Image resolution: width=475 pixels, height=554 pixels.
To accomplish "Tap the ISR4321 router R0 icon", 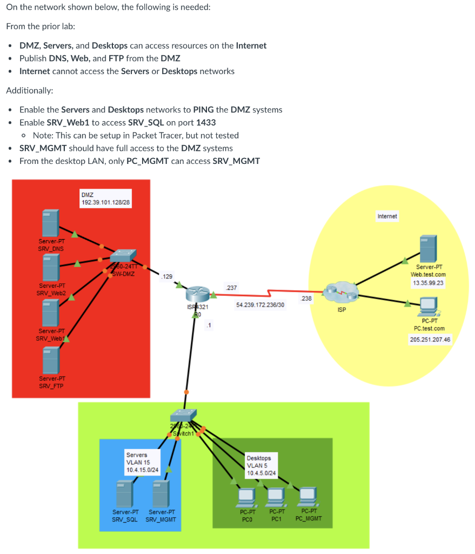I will click(x=196, y=294).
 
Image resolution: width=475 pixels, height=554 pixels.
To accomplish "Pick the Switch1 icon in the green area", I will click(x=184, y=415).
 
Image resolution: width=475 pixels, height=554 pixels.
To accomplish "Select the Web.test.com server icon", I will click(x=428, y=248).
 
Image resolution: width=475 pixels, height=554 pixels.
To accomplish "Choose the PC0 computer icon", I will click(x=246, y=496).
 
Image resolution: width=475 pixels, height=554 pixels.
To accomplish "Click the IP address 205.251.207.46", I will click(x=430, y=339).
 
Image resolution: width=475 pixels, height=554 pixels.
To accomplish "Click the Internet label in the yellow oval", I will click(x=387, y=216).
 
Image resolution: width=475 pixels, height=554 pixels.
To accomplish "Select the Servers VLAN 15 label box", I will click(x=142, y=462).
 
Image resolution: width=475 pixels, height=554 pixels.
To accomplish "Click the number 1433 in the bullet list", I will click(x=205, y=122).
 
